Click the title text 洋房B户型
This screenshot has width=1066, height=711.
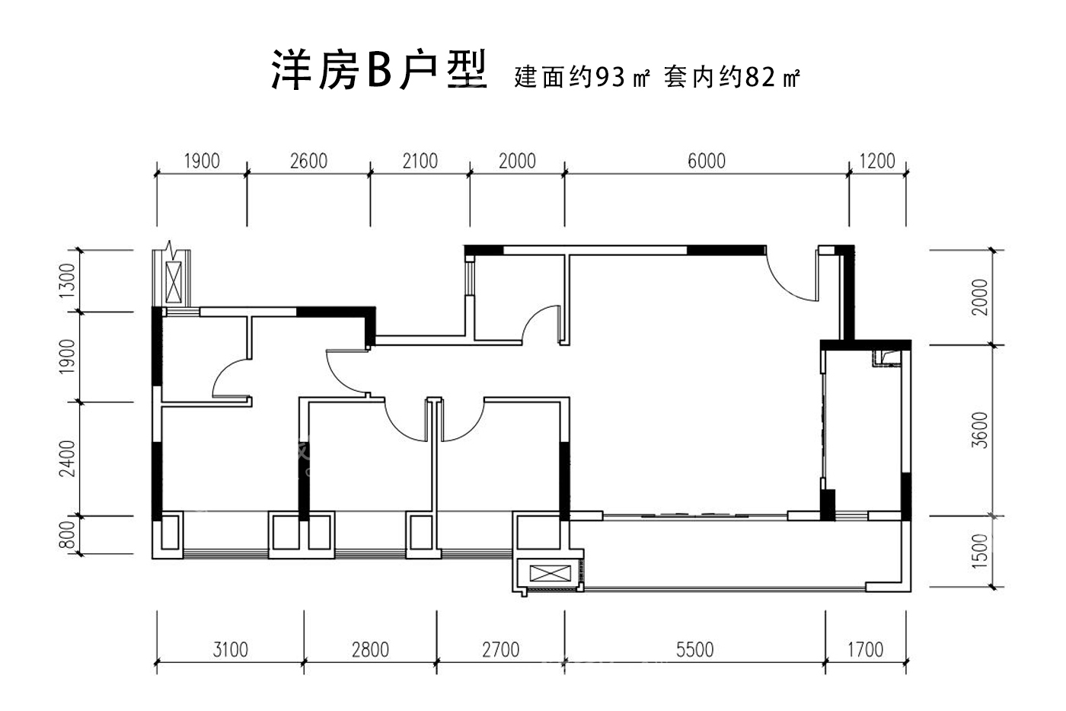(x=379, y=70)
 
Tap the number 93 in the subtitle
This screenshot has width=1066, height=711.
(x=610, y=77)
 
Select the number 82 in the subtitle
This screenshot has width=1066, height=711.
(x=761, y=77)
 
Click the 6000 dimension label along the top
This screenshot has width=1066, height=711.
(x=707, y=161)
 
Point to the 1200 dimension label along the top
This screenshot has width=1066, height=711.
(x=877, y=161)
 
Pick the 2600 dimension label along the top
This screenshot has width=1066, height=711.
(x=309, y=161)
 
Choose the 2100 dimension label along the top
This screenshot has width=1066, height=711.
(x=420, y=161)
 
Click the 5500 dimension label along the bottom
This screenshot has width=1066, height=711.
(x=694, y=649)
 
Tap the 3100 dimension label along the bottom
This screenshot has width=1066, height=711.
(x=230, y=649)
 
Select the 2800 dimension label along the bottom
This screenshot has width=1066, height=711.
(x=370, y=649)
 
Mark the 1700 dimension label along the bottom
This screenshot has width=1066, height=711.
(x=865, y=649)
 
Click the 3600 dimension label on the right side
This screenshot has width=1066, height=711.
(x=980, y=430)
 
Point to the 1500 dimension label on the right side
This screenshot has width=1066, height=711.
(x=980, y=551)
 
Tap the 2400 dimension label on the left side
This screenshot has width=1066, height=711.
(x=67, y=459)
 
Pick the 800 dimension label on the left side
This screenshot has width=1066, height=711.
(x=68, y=535)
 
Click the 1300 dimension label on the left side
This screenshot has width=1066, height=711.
(x=67, y=280)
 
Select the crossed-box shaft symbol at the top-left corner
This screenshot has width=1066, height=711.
(x=174, y=282)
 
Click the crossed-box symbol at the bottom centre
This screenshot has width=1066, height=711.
(x=550, y=573)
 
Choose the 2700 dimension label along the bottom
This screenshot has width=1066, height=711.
(x=501, y=649)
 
